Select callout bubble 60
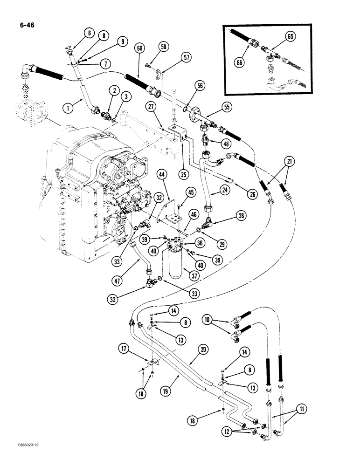(138, 48)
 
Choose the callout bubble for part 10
(208, 320)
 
